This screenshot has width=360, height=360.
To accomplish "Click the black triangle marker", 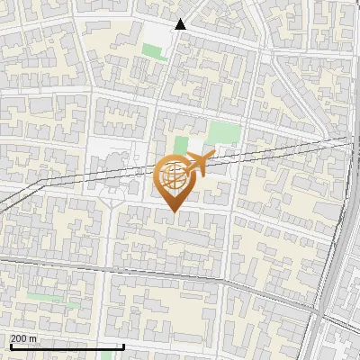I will point(181,24).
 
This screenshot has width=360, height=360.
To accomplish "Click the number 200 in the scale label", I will point(19,338).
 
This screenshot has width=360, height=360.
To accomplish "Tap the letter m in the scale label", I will point(33,338).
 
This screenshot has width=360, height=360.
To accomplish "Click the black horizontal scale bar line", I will point(67,346).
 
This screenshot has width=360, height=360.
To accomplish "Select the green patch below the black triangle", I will point(155,51).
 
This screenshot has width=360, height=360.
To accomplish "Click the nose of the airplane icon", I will point(214,157).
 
